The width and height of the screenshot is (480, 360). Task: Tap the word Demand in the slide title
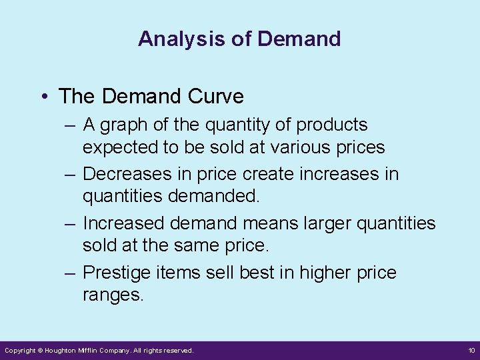click(x=299, y=39)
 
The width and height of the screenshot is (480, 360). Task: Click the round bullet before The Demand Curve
click(x=43, y=97)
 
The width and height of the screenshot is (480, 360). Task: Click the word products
click(x=332, y=125)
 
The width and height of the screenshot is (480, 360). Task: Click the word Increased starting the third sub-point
click(x=124, y=224)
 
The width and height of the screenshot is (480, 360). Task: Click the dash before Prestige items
click(x=71, y=273)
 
